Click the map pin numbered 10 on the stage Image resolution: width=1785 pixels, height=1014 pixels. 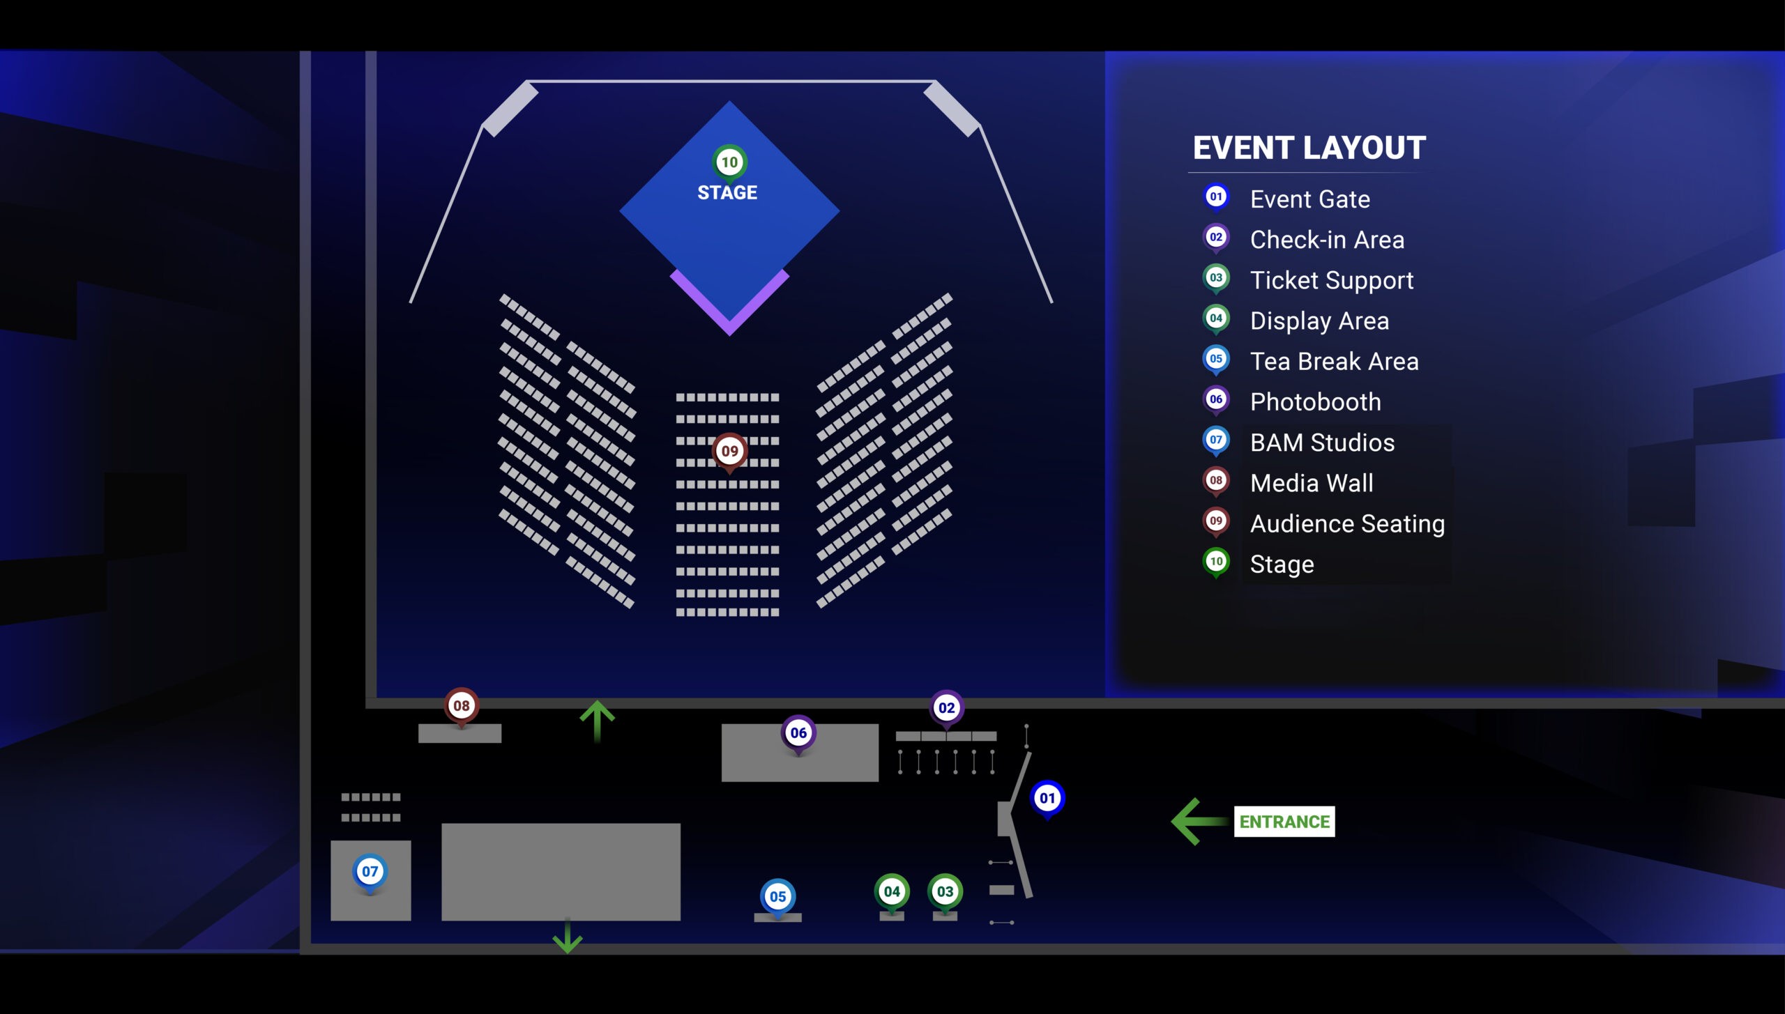[729, 162]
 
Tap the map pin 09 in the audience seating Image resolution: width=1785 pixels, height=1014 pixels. [729, 451]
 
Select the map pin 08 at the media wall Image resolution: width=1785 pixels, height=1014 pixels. [461, 705]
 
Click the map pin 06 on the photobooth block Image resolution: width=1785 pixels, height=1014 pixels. [798, 732]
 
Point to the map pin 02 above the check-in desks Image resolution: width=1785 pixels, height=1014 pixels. [946, 708]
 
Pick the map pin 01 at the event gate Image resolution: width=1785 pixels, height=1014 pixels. [1047, 798]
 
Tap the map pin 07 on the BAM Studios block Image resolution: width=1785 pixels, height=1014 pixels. [370, 871]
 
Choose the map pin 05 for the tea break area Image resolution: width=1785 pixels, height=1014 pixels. [777, 896]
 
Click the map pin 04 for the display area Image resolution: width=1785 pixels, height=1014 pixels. [892, 891]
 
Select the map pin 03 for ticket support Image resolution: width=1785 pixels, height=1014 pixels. [945, 891]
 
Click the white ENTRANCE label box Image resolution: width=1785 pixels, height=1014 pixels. [1284, 822]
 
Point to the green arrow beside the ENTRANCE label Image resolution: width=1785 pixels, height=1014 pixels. [1198, 822]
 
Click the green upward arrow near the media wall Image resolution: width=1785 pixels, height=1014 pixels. [597, 720]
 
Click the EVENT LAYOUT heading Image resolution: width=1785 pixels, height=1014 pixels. [1309, 148]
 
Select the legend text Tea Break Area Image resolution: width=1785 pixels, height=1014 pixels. [1334, 362]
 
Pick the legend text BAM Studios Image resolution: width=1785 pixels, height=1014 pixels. [1322, 443]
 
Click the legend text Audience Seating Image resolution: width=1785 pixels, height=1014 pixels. [1347, 523]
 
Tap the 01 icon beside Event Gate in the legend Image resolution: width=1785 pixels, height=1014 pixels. [1216, 197]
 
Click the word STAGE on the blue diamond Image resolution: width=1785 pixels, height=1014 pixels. [727, 192]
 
